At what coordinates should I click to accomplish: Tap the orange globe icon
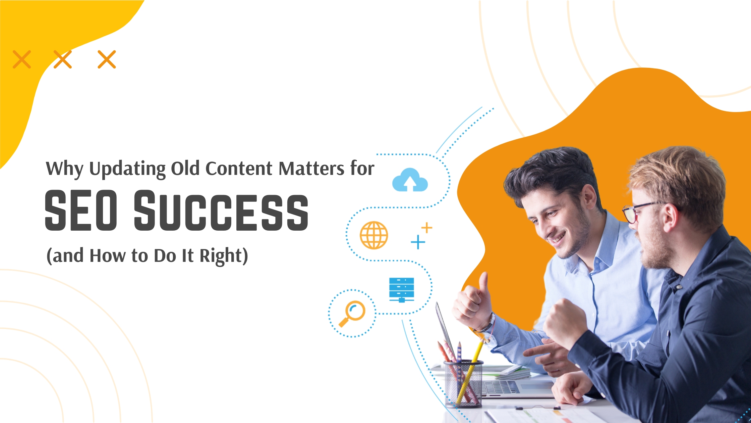[x=374, y=235]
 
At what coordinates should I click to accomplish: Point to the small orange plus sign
[x=427, y=228]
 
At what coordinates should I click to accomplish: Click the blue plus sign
[x=418, y=242]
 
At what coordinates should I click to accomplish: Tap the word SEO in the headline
[x=81, y=210]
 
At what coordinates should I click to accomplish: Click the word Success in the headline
[x=221, y=210]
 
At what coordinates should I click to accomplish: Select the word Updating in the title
[x=127, y=169]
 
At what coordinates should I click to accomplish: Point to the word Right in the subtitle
[x=221, y=256]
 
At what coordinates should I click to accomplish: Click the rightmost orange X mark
[x=107, y=59]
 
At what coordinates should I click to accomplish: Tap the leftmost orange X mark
[x=22, y=59]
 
